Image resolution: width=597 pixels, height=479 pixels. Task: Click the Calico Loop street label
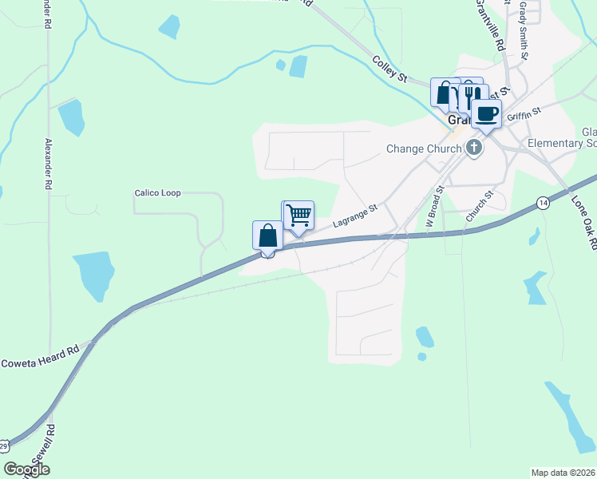point(158,193)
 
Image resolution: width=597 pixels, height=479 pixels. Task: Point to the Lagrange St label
point(354,215)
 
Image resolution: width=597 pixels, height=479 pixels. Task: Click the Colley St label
point(390,69)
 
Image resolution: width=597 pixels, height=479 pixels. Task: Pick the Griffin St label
point(524,115)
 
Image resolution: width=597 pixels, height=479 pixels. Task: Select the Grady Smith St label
point(524,30)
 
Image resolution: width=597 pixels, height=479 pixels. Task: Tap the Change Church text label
point(424,148)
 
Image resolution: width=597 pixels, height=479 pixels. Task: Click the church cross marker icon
point(475,148)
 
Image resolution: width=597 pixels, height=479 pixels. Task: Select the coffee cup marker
point(485,113)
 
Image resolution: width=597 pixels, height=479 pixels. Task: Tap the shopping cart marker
point(298,215)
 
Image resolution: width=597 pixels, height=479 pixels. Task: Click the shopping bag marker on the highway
point(268,236)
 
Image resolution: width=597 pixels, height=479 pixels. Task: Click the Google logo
point(26,469)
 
